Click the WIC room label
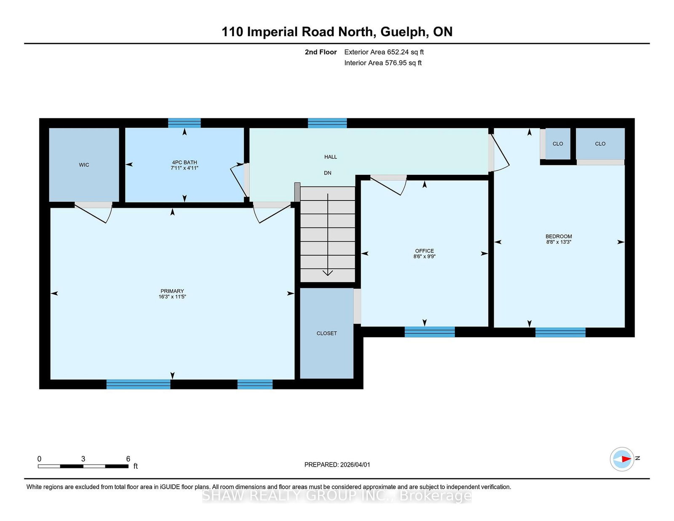(84, 165)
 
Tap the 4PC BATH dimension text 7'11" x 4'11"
(185, 168)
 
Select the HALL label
(331, 157)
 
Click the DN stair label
(328, 173)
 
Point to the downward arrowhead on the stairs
(328, 273)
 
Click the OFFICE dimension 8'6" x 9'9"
(424, 256)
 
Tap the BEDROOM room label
(559, 236)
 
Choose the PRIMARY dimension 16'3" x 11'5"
(172, 297)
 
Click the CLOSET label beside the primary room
(326, 334)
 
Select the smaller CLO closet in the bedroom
(558, 144)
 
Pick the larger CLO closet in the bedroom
(600, 144)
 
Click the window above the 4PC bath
(184, 123)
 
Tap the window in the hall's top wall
(327, 123)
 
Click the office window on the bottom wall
(430, 332)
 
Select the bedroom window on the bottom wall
(560, 332)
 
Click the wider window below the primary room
(138, 384)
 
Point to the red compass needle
(626, 459)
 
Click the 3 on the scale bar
(83, 459)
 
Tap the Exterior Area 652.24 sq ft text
(384, 52)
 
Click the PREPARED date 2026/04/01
(355, 465)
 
